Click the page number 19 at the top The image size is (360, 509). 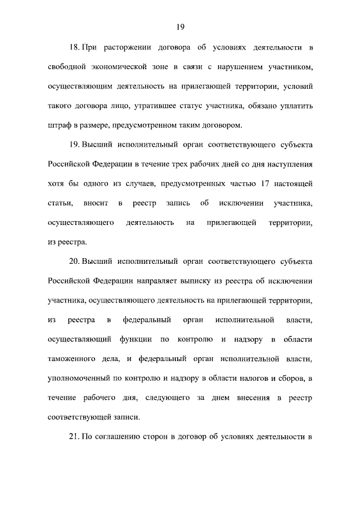(180, 27)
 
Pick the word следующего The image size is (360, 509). (177, 398)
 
